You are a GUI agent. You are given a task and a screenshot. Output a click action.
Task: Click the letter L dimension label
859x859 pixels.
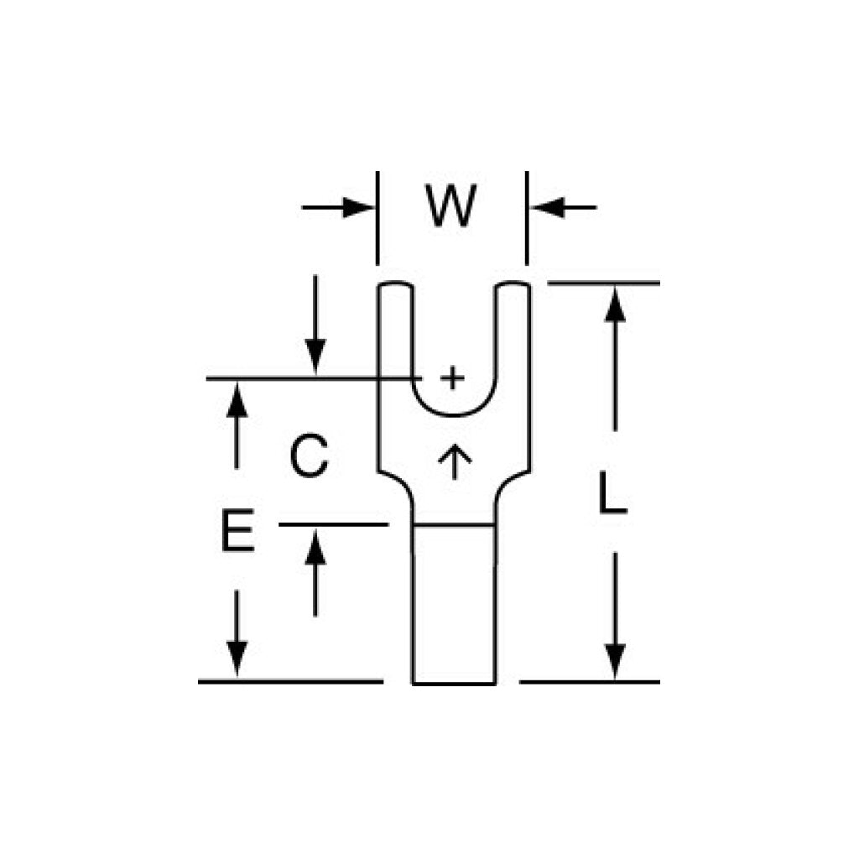point(612,492)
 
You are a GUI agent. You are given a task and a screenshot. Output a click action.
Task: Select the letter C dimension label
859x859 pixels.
point(309,456)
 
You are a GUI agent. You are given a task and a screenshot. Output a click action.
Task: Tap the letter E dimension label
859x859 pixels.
point(237,530)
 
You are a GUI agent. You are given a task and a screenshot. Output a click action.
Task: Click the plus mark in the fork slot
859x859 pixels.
point(452,377)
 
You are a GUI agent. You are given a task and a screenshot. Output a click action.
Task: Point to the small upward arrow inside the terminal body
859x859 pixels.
point(455,462)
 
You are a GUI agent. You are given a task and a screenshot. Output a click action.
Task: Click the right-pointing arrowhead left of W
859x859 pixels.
point(358,208)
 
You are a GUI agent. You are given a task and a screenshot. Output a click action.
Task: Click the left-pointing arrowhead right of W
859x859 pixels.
point(547,208)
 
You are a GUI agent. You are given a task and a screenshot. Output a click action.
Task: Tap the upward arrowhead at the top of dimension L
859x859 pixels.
point(615,305)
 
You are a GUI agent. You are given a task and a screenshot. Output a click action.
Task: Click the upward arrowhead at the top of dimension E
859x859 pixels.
point(237,400)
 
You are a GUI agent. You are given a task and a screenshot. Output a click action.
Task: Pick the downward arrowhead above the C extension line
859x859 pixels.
point(315,357)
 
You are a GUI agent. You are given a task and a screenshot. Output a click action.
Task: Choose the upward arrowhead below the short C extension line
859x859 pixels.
point(315,547)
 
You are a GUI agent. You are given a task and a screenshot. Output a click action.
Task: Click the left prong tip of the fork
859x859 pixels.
point(395,285)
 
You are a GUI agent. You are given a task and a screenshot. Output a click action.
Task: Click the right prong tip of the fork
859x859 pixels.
point(513,285)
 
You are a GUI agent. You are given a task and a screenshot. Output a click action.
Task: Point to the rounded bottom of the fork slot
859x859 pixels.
point(454,415)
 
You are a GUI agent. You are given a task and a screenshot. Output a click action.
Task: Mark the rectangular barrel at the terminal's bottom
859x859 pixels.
point(454,604)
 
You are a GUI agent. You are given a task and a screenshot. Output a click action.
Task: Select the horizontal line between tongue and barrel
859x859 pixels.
point(454,526)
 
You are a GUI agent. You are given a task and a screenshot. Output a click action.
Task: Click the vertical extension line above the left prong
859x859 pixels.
point(377,218)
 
